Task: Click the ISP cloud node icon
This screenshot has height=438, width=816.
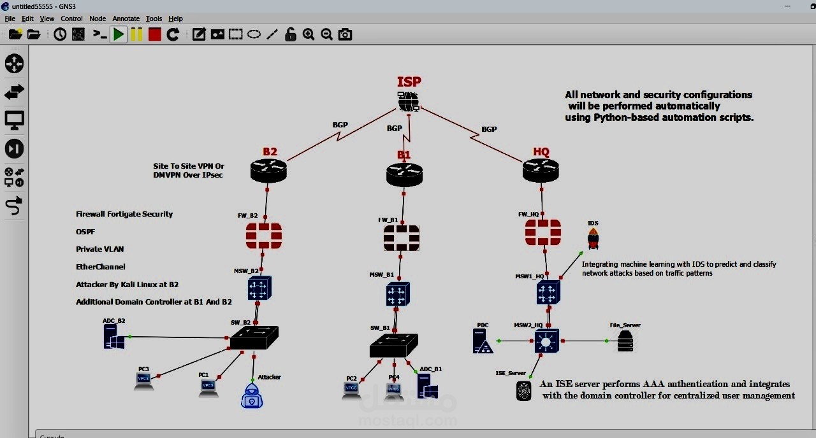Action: point(408,101)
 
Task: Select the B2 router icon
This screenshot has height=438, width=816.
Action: point(268,171)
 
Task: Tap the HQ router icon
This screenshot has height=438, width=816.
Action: point(541,170)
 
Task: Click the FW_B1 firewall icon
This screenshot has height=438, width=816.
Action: point(402,238)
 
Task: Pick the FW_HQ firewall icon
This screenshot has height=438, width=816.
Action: point(543,233)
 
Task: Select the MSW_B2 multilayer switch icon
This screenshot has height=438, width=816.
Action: point(259,288)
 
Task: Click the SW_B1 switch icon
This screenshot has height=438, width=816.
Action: point(394,345)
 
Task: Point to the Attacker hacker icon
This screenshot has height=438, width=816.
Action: point(252,395)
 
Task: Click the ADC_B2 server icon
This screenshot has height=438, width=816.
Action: point(114,336)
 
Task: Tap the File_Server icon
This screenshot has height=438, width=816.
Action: point(625,341)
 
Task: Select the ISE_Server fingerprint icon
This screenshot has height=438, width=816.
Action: point(523,391)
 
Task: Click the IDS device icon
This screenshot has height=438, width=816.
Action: point(593,239)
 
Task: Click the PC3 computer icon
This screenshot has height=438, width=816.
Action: point(144,380)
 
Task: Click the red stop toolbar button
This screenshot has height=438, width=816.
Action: point(155,34)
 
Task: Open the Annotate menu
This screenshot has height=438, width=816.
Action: point(126,18)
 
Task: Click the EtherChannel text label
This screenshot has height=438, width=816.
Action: point(101,267)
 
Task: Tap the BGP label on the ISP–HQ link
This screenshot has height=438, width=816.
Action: point(489,129)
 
